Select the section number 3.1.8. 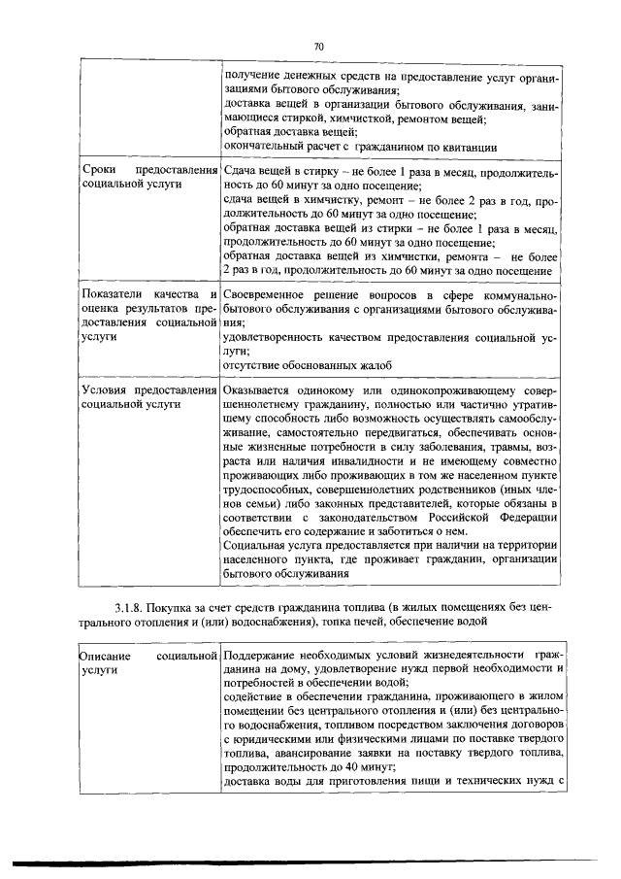(x=128, y=609)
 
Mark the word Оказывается (x=260, y=390)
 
